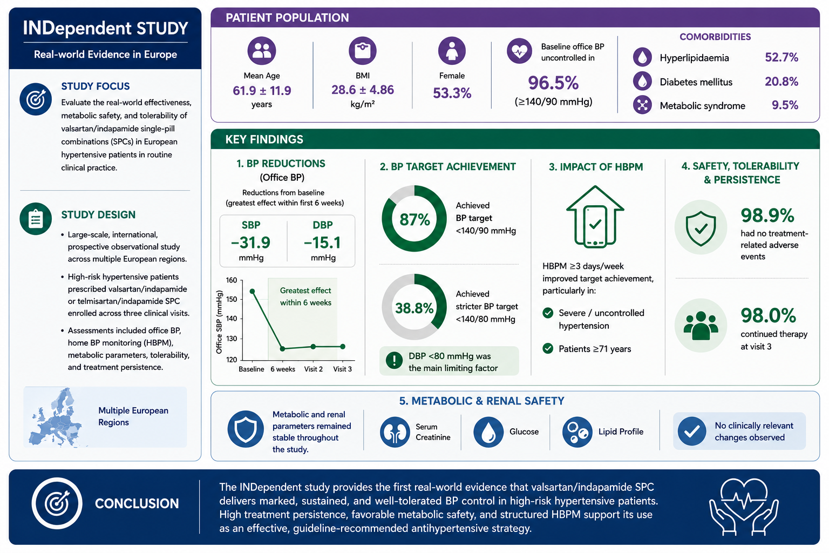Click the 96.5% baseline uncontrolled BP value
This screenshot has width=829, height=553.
click(x=553, y=83)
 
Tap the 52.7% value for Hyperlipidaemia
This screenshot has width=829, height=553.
click(x=782, y=57)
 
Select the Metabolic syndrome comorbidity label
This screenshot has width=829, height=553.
click(x=702, y=106)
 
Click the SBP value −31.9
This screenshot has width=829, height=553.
click(x=250, y=242)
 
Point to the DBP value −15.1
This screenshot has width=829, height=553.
click(x=322, y=242)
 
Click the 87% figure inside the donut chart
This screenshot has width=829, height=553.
click(x=414, y=220)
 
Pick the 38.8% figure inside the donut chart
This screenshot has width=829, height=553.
click(x=414, y=308)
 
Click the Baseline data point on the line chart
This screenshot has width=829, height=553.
click(x=253, y=292)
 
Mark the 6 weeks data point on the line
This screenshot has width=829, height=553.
click(x=282, y=348)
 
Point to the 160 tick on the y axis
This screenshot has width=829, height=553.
click(x=232, y=280)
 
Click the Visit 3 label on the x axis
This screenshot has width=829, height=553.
click(x=342, y=369)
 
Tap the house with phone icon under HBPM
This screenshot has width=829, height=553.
click(x=595, y=217)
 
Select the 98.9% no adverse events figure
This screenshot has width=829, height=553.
click(x=767, y=215)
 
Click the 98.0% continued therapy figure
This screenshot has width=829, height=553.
click(x=768, y=315)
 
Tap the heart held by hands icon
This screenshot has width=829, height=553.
click(x=744, y=507)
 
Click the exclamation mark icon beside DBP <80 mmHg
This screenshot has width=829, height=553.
click(x=394, y=360)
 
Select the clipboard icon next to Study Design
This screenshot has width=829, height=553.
click(x=36, y=219)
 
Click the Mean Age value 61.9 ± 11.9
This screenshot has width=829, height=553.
click(x=262, y=91)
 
